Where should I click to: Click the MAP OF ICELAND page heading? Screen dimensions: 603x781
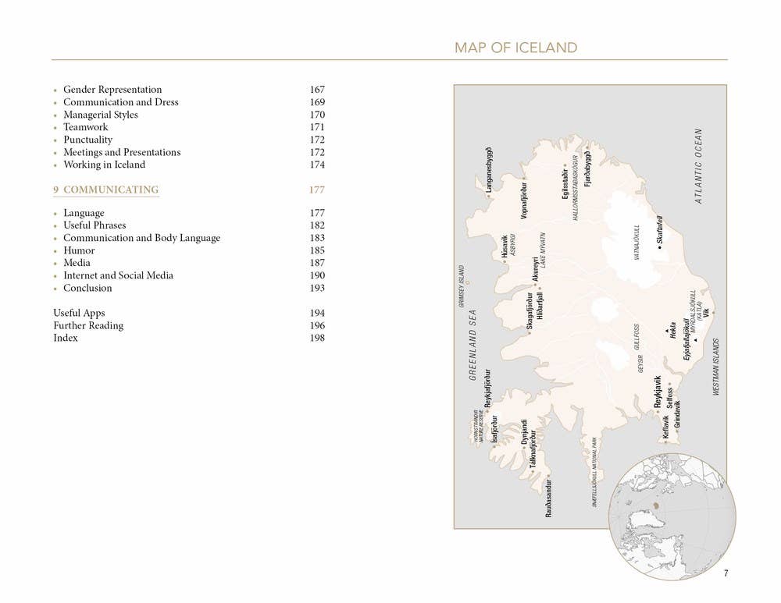[x=515, y=48]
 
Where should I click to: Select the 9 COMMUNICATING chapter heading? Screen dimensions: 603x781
[x=106, y=190]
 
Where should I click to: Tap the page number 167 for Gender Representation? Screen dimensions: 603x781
[x=316, y=90]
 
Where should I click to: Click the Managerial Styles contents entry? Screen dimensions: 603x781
[x=100, y=115]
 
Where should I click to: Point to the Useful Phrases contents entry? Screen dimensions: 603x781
[x=95, y=225]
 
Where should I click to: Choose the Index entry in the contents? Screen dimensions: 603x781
[x=66, y=338]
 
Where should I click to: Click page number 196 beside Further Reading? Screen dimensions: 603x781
[x=316, y=325]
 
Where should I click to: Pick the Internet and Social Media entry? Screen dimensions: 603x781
[x=118, y=275]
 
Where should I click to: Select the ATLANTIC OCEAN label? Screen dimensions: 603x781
[x=699, y=166]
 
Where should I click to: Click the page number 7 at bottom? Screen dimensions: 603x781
[x=726, y=573]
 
